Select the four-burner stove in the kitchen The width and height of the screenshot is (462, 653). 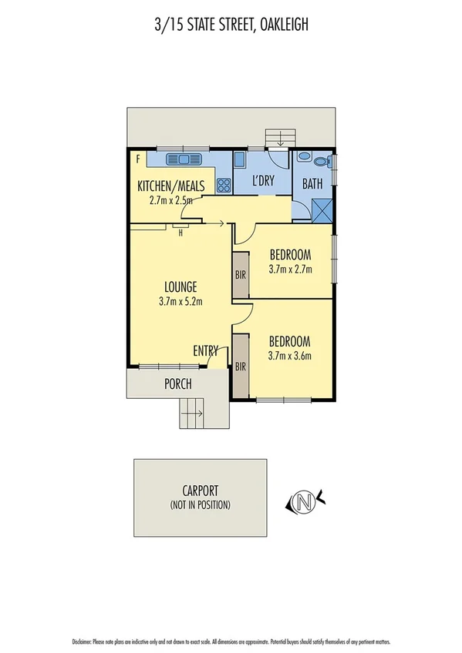coord(224,185)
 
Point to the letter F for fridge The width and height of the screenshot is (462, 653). coord(137,159)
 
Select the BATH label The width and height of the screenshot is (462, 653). coord(312,185)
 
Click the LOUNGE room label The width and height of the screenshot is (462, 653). coord(180,286)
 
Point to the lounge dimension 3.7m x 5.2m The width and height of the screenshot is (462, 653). coord(180,301)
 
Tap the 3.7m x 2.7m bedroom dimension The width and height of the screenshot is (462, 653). coord(289,270)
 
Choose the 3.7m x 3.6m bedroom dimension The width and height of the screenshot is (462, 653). coord(289,356)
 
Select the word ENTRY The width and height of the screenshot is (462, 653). coord(206,350)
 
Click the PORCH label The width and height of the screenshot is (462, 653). coord(177,384)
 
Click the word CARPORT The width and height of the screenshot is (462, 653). coord(200,490)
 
